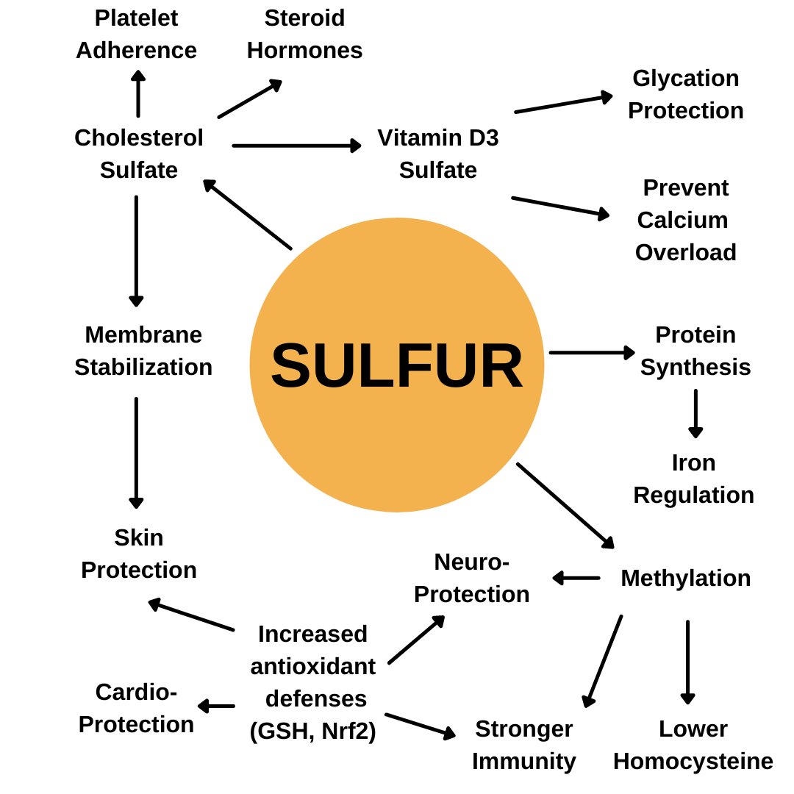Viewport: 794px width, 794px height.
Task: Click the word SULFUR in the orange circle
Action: [x=397, y=365]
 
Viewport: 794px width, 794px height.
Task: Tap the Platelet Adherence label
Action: [x=137, y=34]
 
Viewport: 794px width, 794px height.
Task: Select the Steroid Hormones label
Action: [x=304, y=34]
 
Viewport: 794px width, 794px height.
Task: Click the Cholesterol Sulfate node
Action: [x=139, y=154]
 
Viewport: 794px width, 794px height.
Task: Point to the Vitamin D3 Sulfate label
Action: [x=438, y=154]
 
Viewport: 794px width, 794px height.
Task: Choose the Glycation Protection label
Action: [x=685, y=94]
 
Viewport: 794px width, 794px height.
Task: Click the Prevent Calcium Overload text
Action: [x=685, y=220]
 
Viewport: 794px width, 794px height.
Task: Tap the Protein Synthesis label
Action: [x=695, y=351]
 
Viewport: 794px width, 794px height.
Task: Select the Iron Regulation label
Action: [x=693, y=479]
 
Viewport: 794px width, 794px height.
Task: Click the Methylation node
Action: [x=685, y=578]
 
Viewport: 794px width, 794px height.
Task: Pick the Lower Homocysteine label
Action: [x=693, y=745]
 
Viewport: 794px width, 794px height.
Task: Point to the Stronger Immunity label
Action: [x=523, y=745]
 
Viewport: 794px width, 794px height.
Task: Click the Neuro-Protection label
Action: [x=471, y=578]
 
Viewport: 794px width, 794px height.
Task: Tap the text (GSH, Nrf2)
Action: [x=313, y=732]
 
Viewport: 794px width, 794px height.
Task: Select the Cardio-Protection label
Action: [x=137, y=708]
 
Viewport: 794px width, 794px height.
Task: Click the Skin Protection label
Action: [x=139, y=554]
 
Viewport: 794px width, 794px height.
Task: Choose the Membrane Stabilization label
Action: [x=143, y=351]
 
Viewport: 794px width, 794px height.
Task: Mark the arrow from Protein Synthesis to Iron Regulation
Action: [x=695, y=413]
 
